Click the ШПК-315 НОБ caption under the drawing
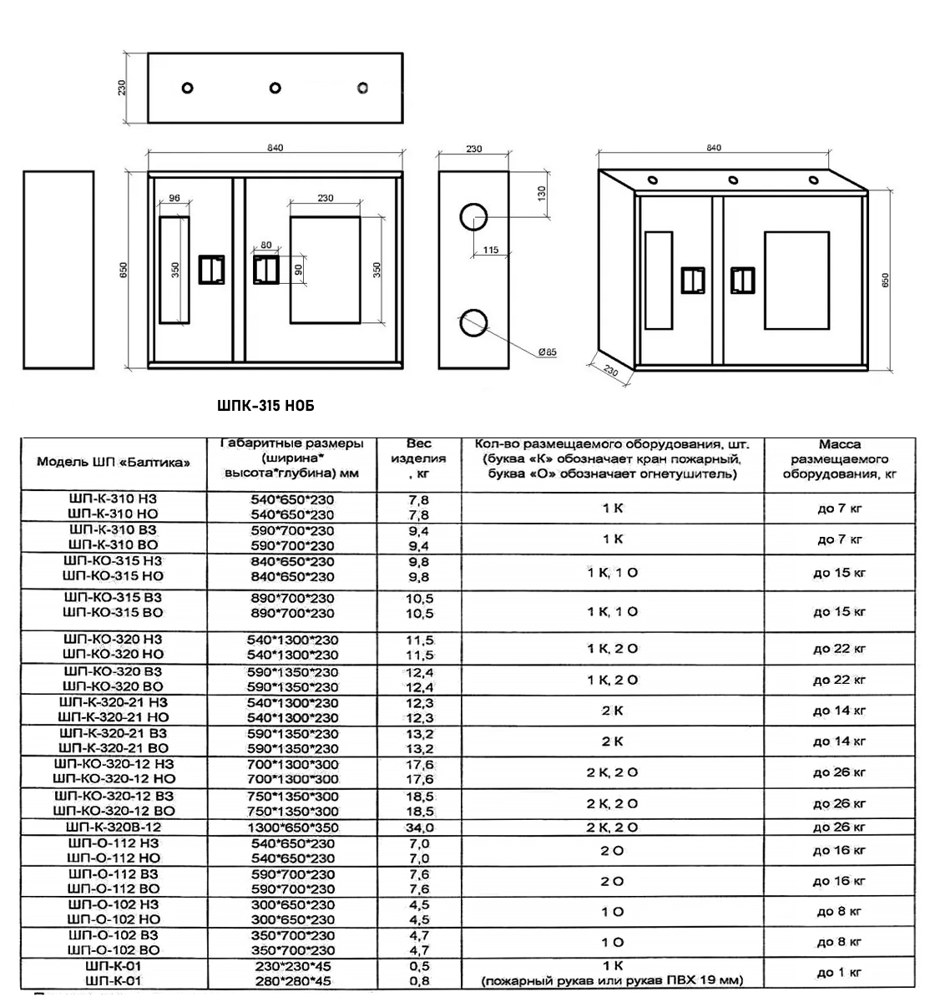265,406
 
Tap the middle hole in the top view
275,88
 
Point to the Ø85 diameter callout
548,352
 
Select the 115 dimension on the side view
490,250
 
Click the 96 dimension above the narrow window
174,198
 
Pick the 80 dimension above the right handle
265,245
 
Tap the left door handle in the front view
211,270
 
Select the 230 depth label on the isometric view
610,370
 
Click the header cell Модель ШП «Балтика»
114,462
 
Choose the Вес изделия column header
419,458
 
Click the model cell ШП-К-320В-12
114,827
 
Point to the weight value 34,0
419,827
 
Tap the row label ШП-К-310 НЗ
114,498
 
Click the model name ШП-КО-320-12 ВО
114,811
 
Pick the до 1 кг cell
839,972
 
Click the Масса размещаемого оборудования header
839,459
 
